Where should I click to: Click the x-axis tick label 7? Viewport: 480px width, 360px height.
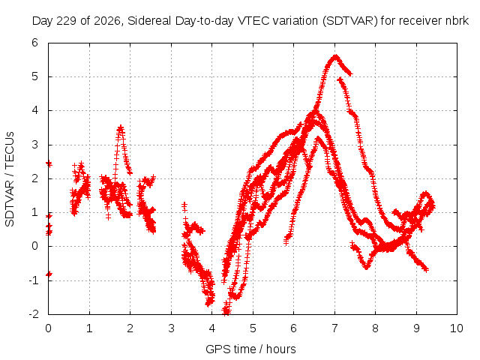pyautogui.click(x=334, y=328)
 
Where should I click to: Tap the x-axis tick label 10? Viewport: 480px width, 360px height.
pyautogui.click(x=457, y=328)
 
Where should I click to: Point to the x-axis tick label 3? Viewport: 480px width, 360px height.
pyautogui.click(x=171, y=328)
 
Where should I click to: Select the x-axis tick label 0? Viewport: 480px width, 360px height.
pyautogui.click(x=48, y=328)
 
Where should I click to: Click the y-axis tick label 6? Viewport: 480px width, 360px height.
pyautogui.click(x=35, y=43)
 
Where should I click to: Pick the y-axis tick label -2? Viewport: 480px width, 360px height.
pyautogui.click(x=34, y=314)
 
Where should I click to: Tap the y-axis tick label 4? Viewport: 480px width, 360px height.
pyautogui.click(x=35, y=110)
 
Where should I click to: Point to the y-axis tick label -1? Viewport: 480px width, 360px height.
pyautogui.click(x=34, y=280)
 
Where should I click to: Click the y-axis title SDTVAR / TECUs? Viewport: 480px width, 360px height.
pyautogui.click(x=10, y=179)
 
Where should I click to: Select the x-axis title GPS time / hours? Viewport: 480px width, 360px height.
pyautogui.click(x=250, y=349)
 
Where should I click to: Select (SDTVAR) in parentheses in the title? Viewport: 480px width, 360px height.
pyautogui.click(x=350, y=21)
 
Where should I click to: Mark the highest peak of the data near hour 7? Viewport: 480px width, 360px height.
pyautogui.click(x=336, y=57)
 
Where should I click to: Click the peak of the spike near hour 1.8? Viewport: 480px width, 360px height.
pyautogui.click(x=121, y=127)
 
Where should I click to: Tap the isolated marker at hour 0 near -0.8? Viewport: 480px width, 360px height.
pyautogui.click(x=49, y=274)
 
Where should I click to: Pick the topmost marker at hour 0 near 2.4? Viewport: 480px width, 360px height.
pyautogui.click(x=49, y=164)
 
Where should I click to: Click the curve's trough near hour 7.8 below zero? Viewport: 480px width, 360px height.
pyautogui.click(x=367, y=267)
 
